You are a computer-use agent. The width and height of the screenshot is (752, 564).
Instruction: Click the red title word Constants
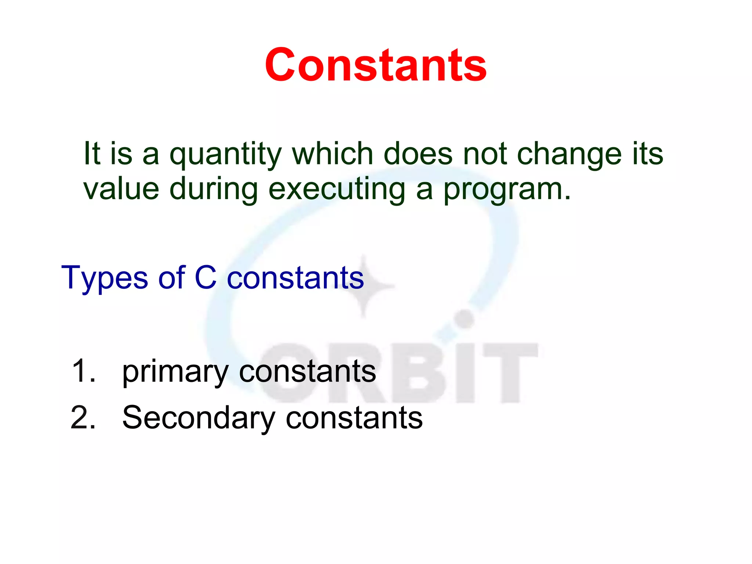(376, 65)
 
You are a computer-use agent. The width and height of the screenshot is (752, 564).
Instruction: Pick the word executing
(337, 189)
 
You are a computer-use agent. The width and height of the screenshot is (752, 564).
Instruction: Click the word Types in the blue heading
(105, 278)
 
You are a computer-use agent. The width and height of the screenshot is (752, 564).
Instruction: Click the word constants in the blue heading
(295, 278)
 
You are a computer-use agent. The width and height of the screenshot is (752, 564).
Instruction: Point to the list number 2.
(83, 418)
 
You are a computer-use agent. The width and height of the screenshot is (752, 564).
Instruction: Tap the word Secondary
(199, 418)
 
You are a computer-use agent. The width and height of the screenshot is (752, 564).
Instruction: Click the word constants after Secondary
(354, 418)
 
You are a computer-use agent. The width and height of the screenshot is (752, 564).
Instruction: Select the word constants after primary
(308, 371)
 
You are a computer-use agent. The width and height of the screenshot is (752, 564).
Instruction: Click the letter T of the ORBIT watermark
(510, 371)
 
